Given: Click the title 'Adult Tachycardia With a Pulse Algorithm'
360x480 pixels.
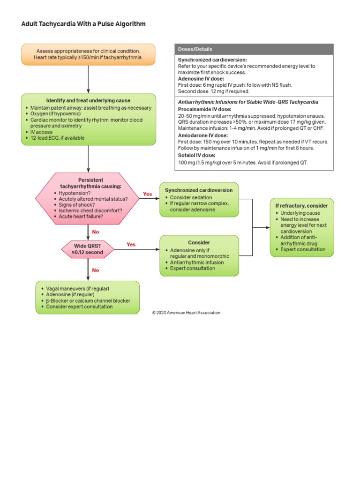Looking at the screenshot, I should point(83,24).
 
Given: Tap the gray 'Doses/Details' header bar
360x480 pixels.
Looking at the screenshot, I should point(254,49).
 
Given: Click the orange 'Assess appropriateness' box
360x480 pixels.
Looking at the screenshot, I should point(88,54).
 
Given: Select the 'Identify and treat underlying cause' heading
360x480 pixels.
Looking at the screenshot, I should point(88,101).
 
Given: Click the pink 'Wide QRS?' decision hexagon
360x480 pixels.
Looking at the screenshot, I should point(88,248).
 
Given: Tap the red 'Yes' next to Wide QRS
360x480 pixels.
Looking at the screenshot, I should point(131,244).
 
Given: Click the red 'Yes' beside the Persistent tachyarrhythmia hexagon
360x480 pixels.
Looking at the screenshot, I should point(147,194).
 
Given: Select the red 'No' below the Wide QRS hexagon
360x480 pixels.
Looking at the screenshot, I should point(96,270).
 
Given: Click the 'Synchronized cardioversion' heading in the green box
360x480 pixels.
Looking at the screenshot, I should point(199,190).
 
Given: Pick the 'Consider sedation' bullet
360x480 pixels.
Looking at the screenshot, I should point(191,197).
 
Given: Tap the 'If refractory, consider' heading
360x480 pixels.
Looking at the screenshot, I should point(301,206).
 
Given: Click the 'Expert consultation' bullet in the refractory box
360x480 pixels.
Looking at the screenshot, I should point(302,249).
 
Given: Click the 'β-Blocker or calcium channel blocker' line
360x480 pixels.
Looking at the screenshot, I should point(88,300).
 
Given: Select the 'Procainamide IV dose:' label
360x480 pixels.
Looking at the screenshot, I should point(201,109).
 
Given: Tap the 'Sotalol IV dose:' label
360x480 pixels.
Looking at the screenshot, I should point(196,155).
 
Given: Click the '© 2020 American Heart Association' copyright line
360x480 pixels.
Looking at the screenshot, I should point(186,313).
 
